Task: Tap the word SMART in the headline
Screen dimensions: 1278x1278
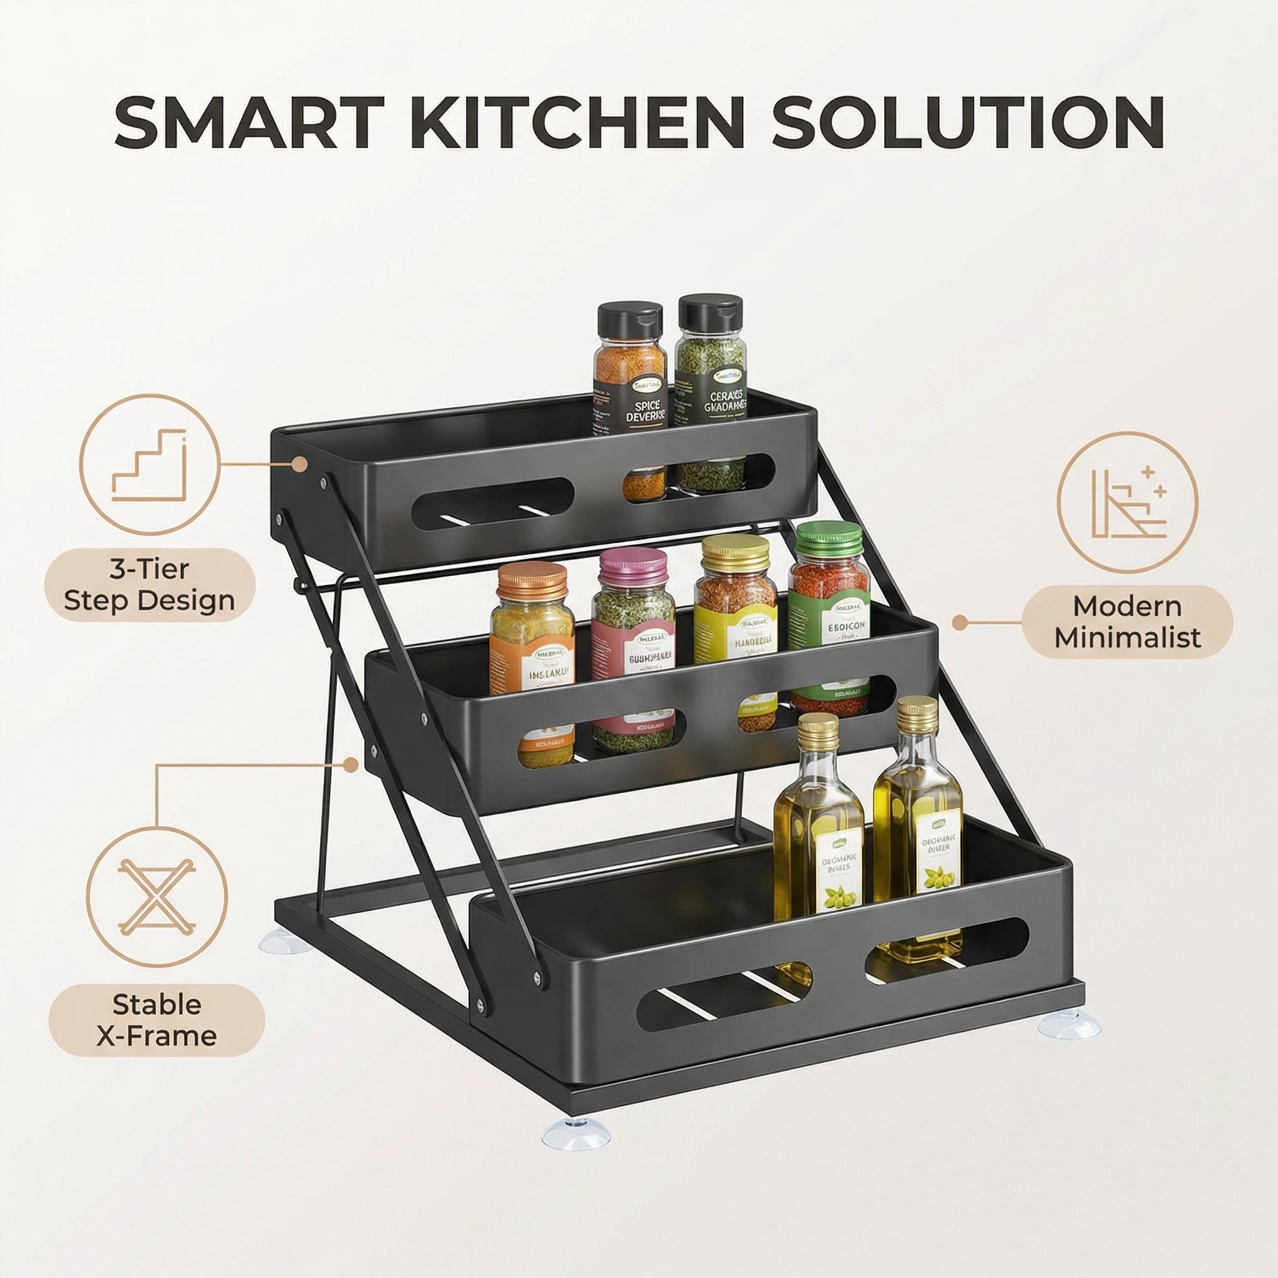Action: pyautogui.click(x=250, y=122)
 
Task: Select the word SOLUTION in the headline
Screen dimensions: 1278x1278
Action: pyautogui.click(x=967, y=122)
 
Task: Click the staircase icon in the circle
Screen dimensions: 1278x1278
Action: pyautogui.click(x=150, y=464)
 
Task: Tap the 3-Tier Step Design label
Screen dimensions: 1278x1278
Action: pyautogui.click(x=150, y=585)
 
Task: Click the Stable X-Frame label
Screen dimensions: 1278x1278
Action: pyautogui.click(x=157, y=1020)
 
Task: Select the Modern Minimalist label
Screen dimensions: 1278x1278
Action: pyautogui.click(x=1127, y=622)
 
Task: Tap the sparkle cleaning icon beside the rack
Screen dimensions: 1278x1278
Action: pyautogui.click(x=1127, y=502)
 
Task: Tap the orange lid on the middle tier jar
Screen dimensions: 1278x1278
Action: pyautogui.click(x=532, y=580)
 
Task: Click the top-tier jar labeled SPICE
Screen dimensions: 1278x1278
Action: pyautogui.click(x=629, y=377)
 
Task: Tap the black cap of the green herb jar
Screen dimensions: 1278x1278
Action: pyautogui.click(x=710, y=313)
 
